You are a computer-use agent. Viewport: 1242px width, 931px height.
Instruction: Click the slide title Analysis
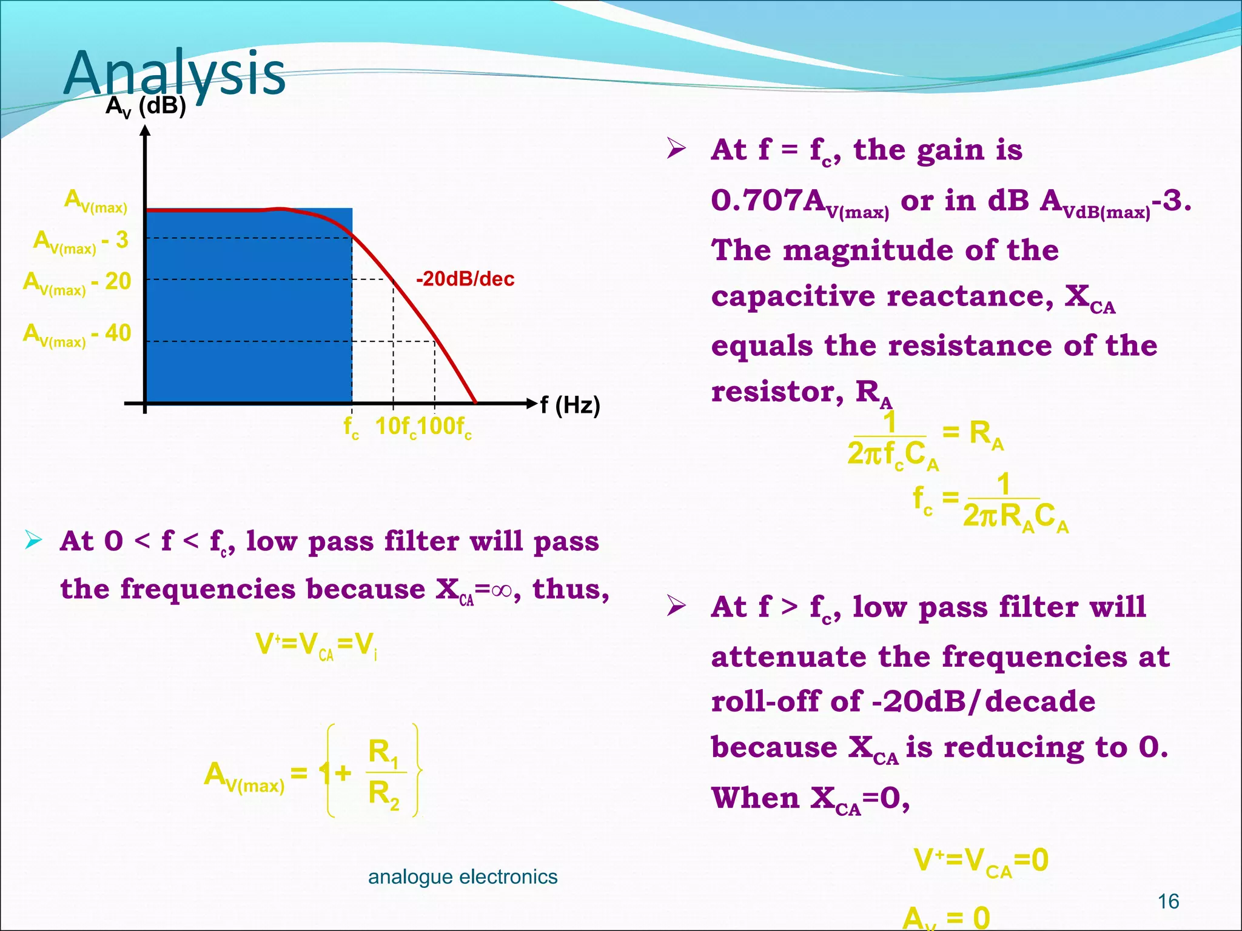[174, 74]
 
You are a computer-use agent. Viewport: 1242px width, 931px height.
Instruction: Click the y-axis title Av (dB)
[146, 107]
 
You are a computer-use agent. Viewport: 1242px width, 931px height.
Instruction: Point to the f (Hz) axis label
[570, 405]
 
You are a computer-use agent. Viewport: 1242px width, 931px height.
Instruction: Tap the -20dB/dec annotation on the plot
[465, 279]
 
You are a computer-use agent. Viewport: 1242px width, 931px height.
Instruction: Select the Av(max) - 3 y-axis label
[81, 241]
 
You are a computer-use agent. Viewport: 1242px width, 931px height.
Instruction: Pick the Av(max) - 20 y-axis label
[77, 282]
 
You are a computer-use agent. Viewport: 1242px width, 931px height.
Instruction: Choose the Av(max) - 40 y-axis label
[77, 334]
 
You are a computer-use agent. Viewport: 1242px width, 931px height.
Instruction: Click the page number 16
[1168, 901]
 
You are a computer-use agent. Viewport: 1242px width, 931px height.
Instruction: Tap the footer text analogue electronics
[463, 876]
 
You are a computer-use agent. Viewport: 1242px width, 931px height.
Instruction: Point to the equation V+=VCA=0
[981, 860]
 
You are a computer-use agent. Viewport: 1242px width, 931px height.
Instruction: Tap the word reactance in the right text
[970, 296]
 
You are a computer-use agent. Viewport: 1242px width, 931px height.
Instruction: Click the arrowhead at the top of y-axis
[145, 130]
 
